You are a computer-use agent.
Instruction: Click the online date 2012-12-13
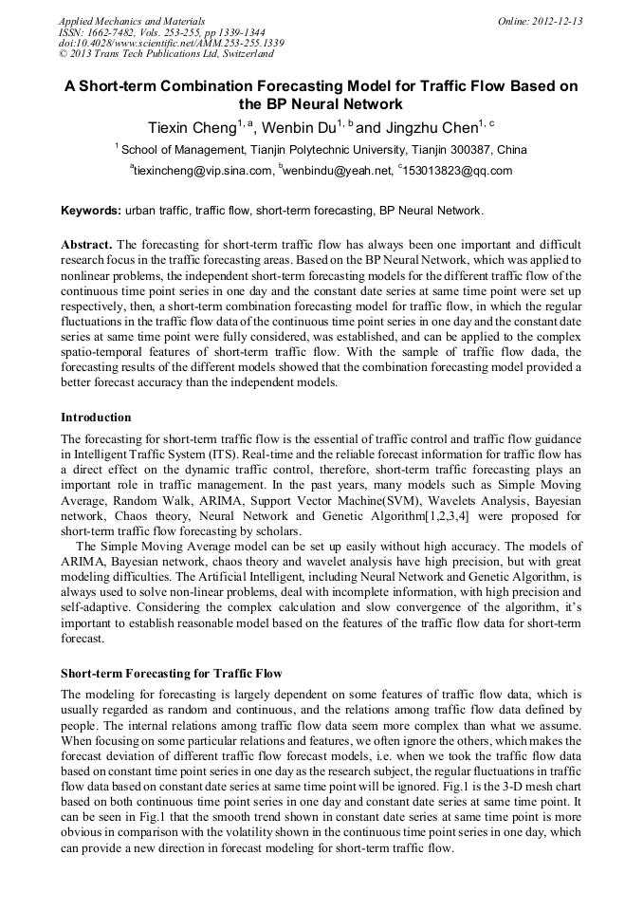(553, 20)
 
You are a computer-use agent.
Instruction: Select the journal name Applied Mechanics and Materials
(132, 20)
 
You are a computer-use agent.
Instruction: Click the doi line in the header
(171, 43)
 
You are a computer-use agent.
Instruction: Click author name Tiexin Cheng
(191, 126)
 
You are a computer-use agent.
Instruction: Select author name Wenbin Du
(295, 126)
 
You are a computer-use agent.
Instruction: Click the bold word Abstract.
(87, 244)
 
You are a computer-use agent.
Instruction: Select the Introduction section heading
(96, 417)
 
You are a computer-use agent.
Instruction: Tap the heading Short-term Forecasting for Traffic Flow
(171, 673)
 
